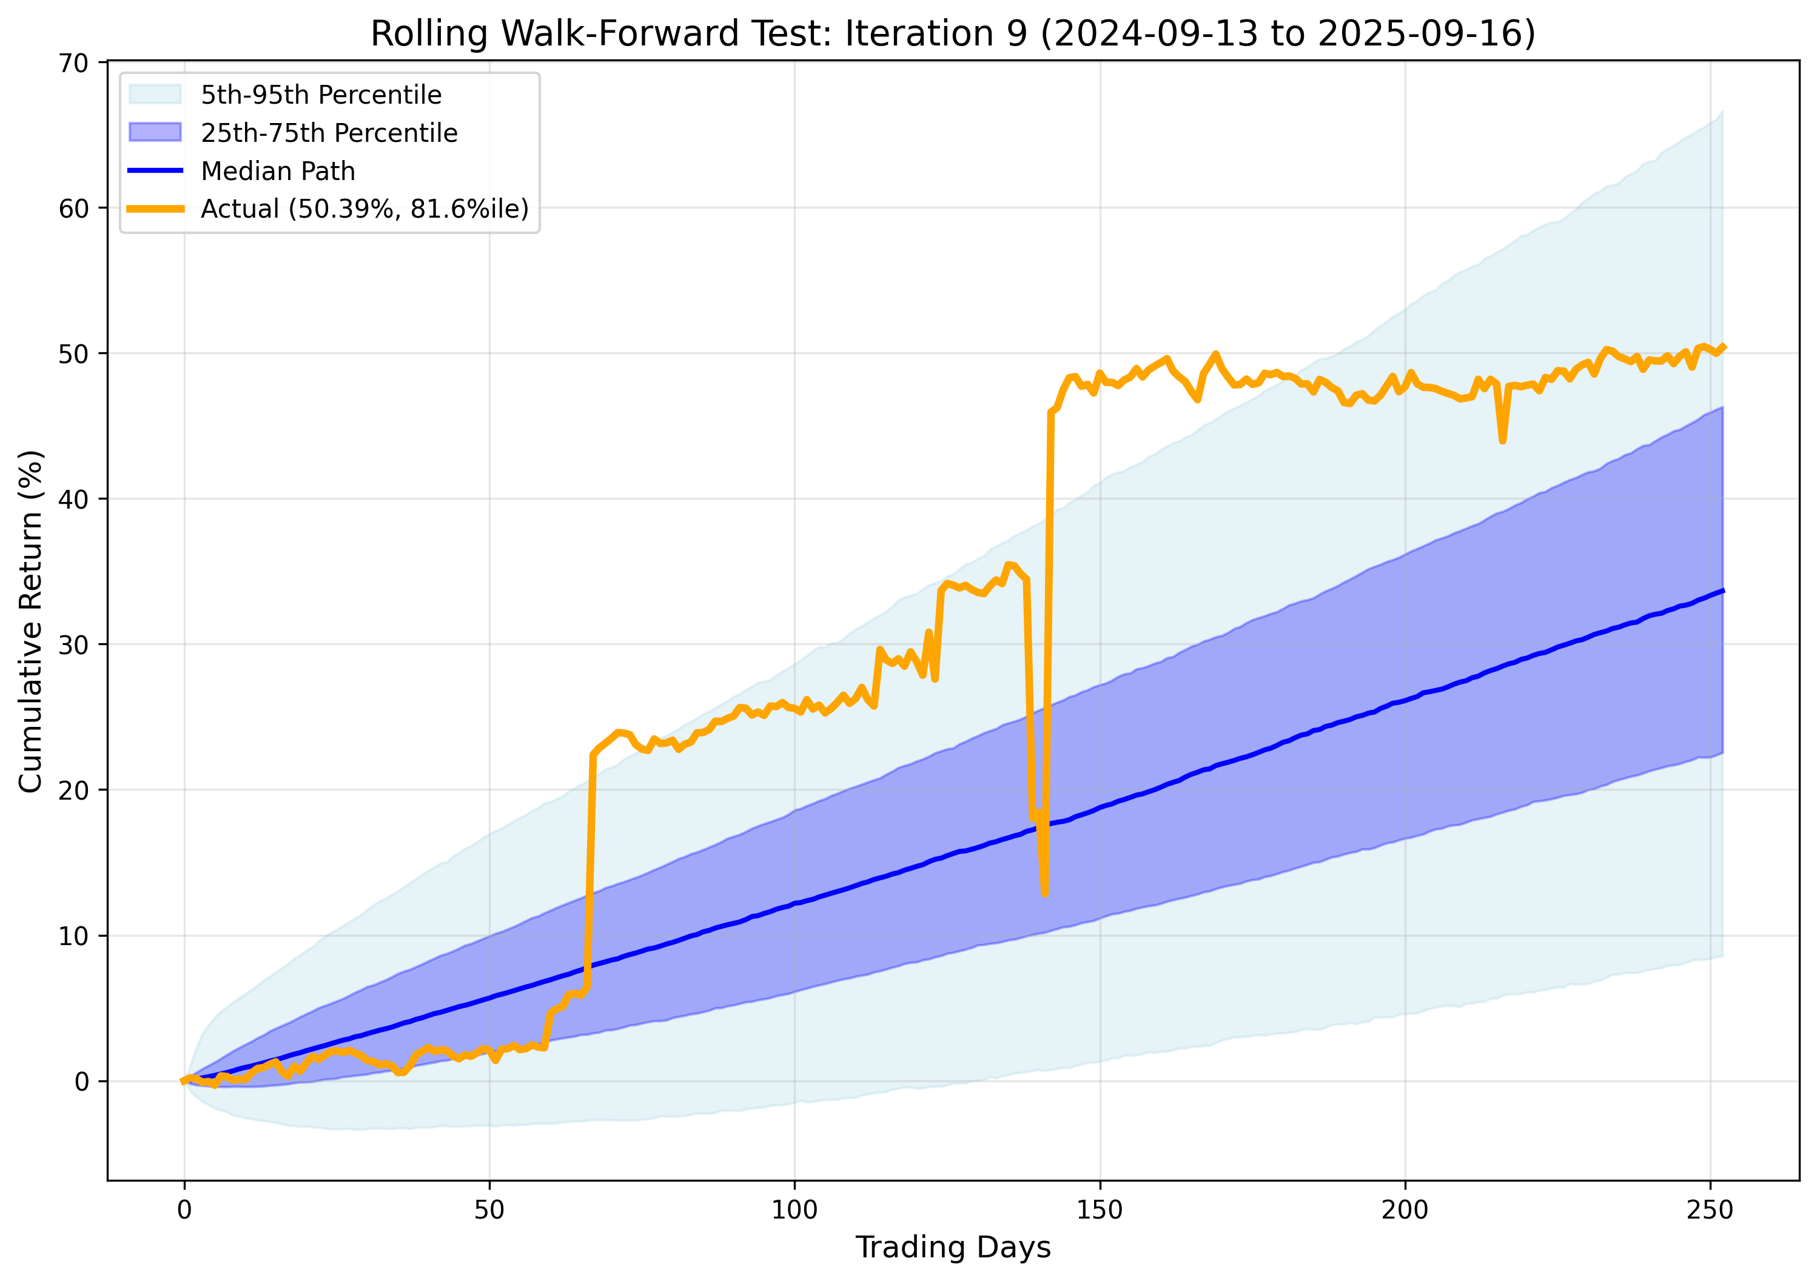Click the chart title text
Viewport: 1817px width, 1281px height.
[x=953, y=33]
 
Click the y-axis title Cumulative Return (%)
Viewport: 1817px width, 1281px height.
[x=30, y=621]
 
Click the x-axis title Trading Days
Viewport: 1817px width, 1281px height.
[x=953, y=1247]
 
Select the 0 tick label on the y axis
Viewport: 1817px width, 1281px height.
[x=81, y=1082]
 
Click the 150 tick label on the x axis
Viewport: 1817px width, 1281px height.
[x=1099, y=1210]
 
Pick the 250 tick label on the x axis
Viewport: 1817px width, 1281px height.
[x=1710, y=1210]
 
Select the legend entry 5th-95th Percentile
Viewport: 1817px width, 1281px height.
[x=320, y=95]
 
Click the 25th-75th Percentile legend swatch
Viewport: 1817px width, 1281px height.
[x=155, y=132]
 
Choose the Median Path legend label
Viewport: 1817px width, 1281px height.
[x=278, y=171]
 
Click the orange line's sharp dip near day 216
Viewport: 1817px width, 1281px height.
[x=1503, y=441]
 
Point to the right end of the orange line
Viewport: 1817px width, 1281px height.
[x=1724, y=347]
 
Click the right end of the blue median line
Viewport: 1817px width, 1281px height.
[x=1723, y=591]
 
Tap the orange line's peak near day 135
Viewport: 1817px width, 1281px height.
[x=1007, y=564]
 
